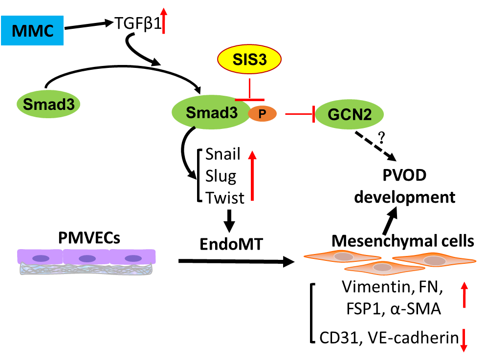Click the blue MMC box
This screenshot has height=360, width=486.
pos(32,30)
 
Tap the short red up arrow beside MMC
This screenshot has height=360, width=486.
pos(164,21)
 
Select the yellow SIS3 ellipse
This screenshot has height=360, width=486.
pos(249,59)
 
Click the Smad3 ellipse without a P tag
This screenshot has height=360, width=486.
pos(48,104)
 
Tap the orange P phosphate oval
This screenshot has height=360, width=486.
pos(263,114)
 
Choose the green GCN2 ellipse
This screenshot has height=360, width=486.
pos(349,115)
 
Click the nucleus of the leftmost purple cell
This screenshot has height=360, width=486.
pos(41,258)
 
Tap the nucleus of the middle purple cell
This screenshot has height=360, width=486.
pos(87,258)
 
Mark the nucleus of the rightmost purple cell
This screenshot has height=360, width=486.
pos(133,258)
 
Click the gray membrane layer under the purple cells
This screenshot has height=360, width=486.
pos(86,269)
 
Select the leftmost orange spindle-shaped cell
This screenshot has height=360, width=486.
pos(342,256)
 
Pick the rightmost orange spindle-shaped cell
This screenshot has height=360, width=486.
pos(434,260)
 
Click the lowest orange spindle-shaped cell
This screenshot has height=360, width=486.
pos(384,268)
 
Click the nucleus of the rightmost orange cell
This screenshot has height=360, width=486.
pos(435,260)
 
